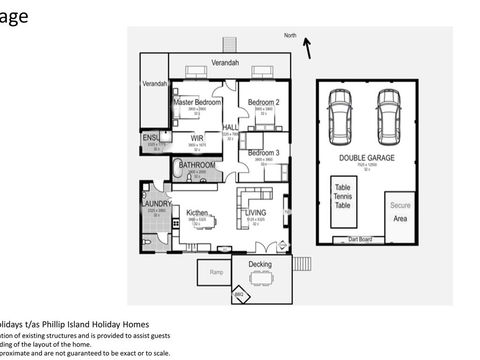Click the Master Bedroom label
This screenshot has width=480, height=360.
(x=197, y=102)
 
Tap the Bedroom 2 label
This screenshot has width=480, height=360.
(x=263, y=102)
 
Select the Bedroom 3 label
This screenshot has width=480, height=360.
(x=263, y=152)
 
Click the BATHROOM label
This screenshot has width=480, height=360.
(x=198, y=164)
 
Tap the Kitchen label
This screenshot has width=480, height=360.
(x=197, y=212)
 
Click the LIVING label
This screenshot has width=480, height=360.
(x=255, y=212)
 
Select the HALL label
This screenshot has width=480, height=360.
(x=230, y=128)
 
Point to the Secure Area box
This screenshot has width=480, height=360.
(x=399, y=211)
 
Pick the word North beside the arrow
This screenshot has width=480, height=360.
(x=290, y=36)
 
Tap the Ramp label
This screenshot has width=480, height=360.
(x=216, y=272)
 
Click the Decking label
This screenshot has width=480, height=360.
(x=260, y=265)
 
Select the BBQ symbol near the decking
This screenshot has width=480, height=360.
(x=239, y=295)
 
